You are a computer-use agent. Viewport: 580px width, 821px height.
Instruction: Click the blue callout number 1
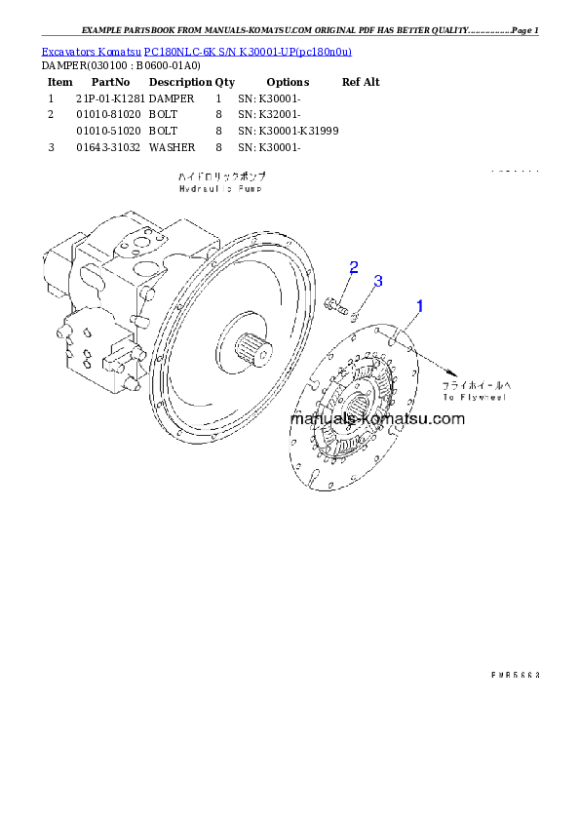[420, 306]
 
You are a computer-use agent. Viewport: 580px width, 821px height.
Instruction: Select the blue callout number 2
[354, 267]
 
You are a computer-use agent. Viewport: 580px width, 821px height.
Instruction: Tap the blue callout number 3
[378, 281]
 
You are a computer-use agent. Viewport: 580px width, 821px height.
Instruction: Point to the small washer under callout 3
[356, 316]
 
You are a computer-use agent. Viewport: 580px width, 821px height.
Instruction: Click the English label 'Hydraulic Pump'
[222, 189]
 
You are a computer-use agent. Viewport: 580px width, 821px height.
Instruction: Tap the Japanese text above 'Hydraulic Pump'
[222, 177]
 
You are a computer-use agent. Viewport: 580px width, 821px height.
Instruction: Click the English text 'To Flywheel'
[476, 398]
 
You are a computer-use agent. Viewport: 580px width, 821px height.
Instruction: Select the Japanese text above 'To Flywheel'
[477, 385]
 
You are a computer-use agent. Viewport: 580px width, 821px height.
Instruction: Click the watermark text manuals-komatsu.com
[378, 419]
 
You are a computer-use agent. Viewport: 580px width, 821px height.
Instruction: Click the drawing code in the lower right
[515, 674]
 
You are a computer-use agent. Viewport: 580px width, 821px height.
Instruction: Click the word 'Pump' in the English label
[251, 189]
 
